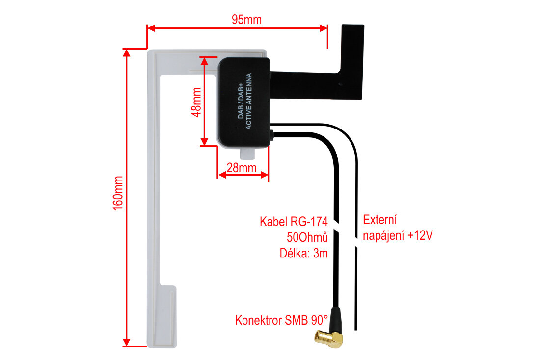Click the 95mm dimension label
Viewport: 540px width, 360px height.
point(246,20)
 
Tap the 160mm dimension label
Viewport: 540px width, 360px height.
point(118,193)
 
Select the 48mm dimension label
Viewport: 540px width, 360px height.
point(196,102)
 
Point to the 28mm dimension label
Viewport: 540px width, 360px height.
point(242,168)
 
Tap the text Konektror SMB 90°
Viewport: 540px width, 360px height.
point(281,320)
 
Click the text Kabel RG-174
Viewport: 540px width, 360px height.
point(294,221)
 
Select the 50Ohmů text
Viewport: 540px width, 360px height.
point(307,237)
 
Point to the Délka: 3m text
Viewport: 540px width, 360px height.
point(303,253)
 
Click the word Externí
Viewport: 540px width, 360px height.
point(380,220)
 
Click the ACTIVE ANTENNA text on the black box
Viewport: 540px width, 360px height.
point(249,101)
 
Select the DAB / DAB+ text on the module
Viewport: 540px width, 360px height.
point(241,101)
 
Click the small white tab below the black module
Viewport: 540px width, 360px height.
point(247,154)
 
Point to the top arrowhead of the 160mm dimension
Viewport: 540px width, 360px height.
point(127,53)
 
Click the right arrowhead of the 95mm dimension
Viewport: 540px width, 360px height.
point(324,28)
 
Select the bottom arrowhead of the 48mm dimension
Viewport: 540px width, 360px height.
point(204,141)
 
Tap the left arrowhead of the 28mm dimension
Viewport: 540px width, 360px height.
point(222,175)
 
